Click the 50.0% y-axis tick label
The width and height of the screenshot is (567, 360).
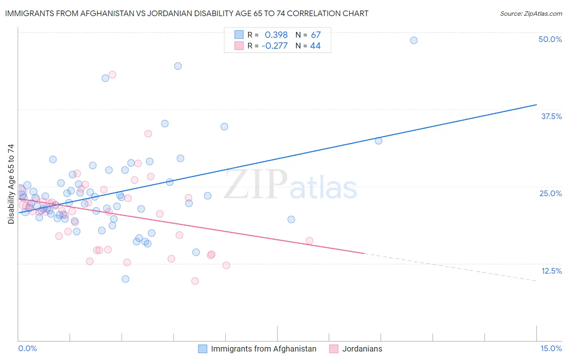(x=550, y=39)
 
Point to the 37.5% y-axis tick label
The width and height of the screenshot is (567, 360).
(x=551, y=116)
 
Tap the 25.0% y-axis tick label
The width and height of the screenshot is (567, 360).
(x=550, y=193)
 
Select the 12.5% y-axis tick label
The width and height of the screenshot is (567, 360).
(x=551, y=271)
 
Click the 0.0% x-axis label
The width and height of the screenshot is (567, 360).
(x=27, y=348)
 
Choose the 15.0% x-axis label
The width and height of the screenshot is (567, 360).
(x=551, y=348)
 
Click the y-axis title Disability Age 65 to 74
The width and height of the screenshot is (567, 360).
(x=11, y=184)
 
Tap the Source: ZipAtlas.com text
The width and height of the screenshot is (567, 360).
(x=531, y=13)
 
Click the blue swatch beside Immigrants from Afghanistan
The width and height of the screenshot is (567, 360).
(x=202, y=349)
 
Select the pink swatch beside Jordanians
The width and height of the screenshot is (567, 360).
(x=334, y=349)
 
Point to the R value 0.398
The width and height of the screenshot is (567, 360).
(x=276, y=35)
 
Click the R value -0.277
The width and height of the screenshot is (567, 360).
(x=274, y=46)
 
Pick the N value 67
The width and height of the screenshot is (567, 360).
(x=315, y=35)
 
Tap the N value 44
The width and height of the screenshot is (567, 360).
(x=315, y=46)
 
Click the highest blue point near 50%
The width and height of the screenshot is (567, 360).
(x=414, y=40)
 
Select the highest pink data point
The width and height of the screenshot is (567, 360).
(x=113, y=75)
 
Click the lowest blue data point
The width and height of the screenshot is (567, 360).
(x=125, y=279)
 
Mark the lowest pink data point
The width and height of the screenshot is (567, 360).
(x=195, y=281)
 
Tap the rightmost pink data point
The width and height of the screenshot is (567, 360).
(x=309, y=241)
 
